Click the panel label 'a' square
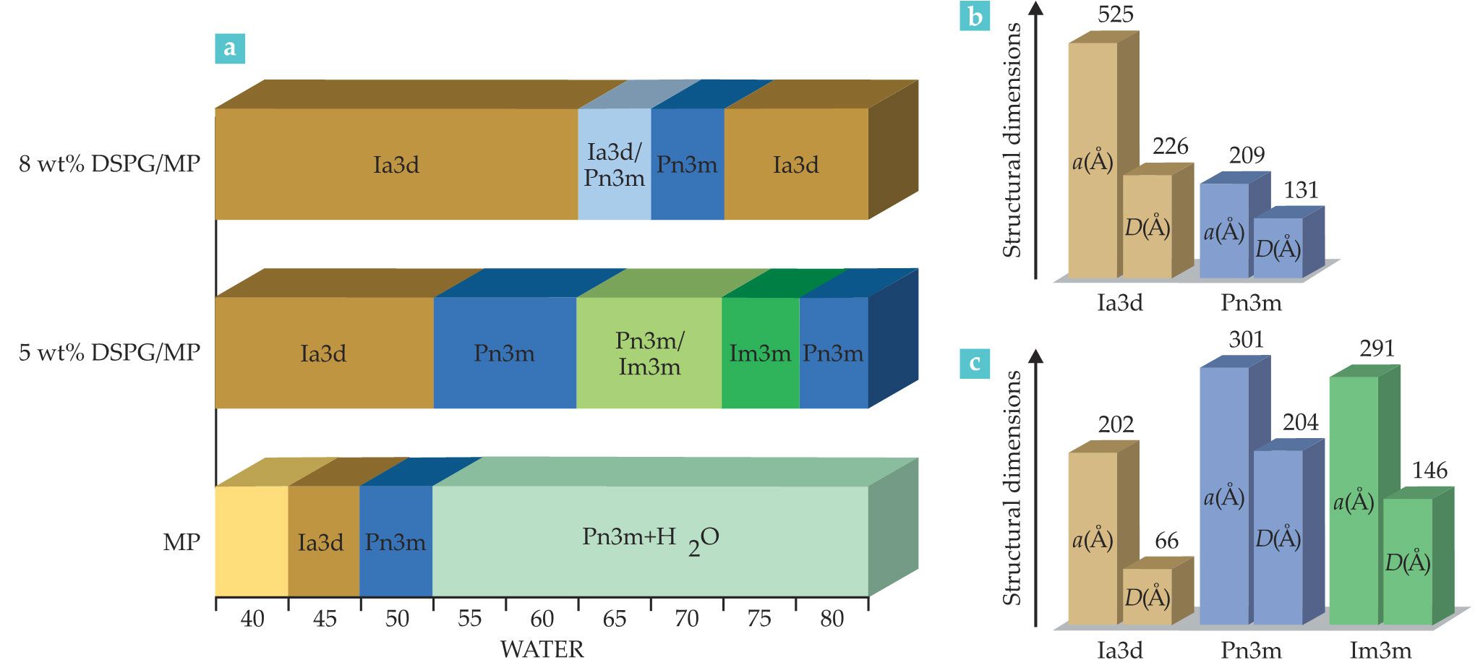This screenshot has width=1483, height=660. pyautogui.click(x=230, y=48)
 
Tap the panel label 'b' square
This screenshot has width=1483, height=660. pyautogui.click(x=975, y=15)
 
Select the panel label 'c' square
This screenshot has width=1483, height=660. pyautogui.click(x=975, y=363)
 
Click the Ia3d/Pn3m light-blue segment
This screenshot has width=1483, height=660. pyautogui.click(x=614, y=164)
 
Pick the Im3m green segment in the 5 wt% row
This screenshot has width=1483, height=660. pyautogui.click(x=760, y=353)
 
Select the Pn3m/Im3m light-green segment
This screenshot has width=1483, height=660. pyautogui.click(x=649, y=353)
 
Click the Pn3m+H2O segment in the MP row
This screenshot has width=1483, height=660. pyautogui.click(x=649, y=541)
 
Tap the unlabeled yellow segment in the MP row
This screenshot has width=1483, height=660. pyautogui.click(x=252, y=541)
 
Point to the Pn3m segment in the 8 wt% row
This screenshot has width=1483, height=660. pyautogui.click(x=687, y=164)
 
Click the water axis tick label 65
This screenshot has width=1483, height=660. pyautogui.click(x=614, y=619)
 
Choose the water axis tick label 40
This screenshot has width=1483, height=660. pyautogui.click(x=252, y=619)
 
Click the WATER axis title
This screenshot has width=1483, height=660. pyautogui.click(x=542, y=648)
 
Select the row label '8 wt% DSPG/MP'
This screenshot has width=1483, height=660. pyautogui.click(x=109, y=163)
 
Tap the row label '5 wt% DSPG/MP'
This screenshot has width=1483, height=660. pyautogui.click(x=109, y=352)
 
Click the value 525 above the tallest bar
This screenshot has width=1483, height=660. pyautogui.click(x=1115, y=14)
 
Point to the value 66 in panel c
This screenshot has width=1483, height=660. pyautogui.click(x=1166, y=541)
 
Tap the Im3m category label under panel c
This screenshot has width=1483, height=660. pyautogui.click(x=1380, y=650)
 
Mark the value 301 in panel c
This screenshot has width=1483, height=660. pyautogui.click(x=1246, y=339)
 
